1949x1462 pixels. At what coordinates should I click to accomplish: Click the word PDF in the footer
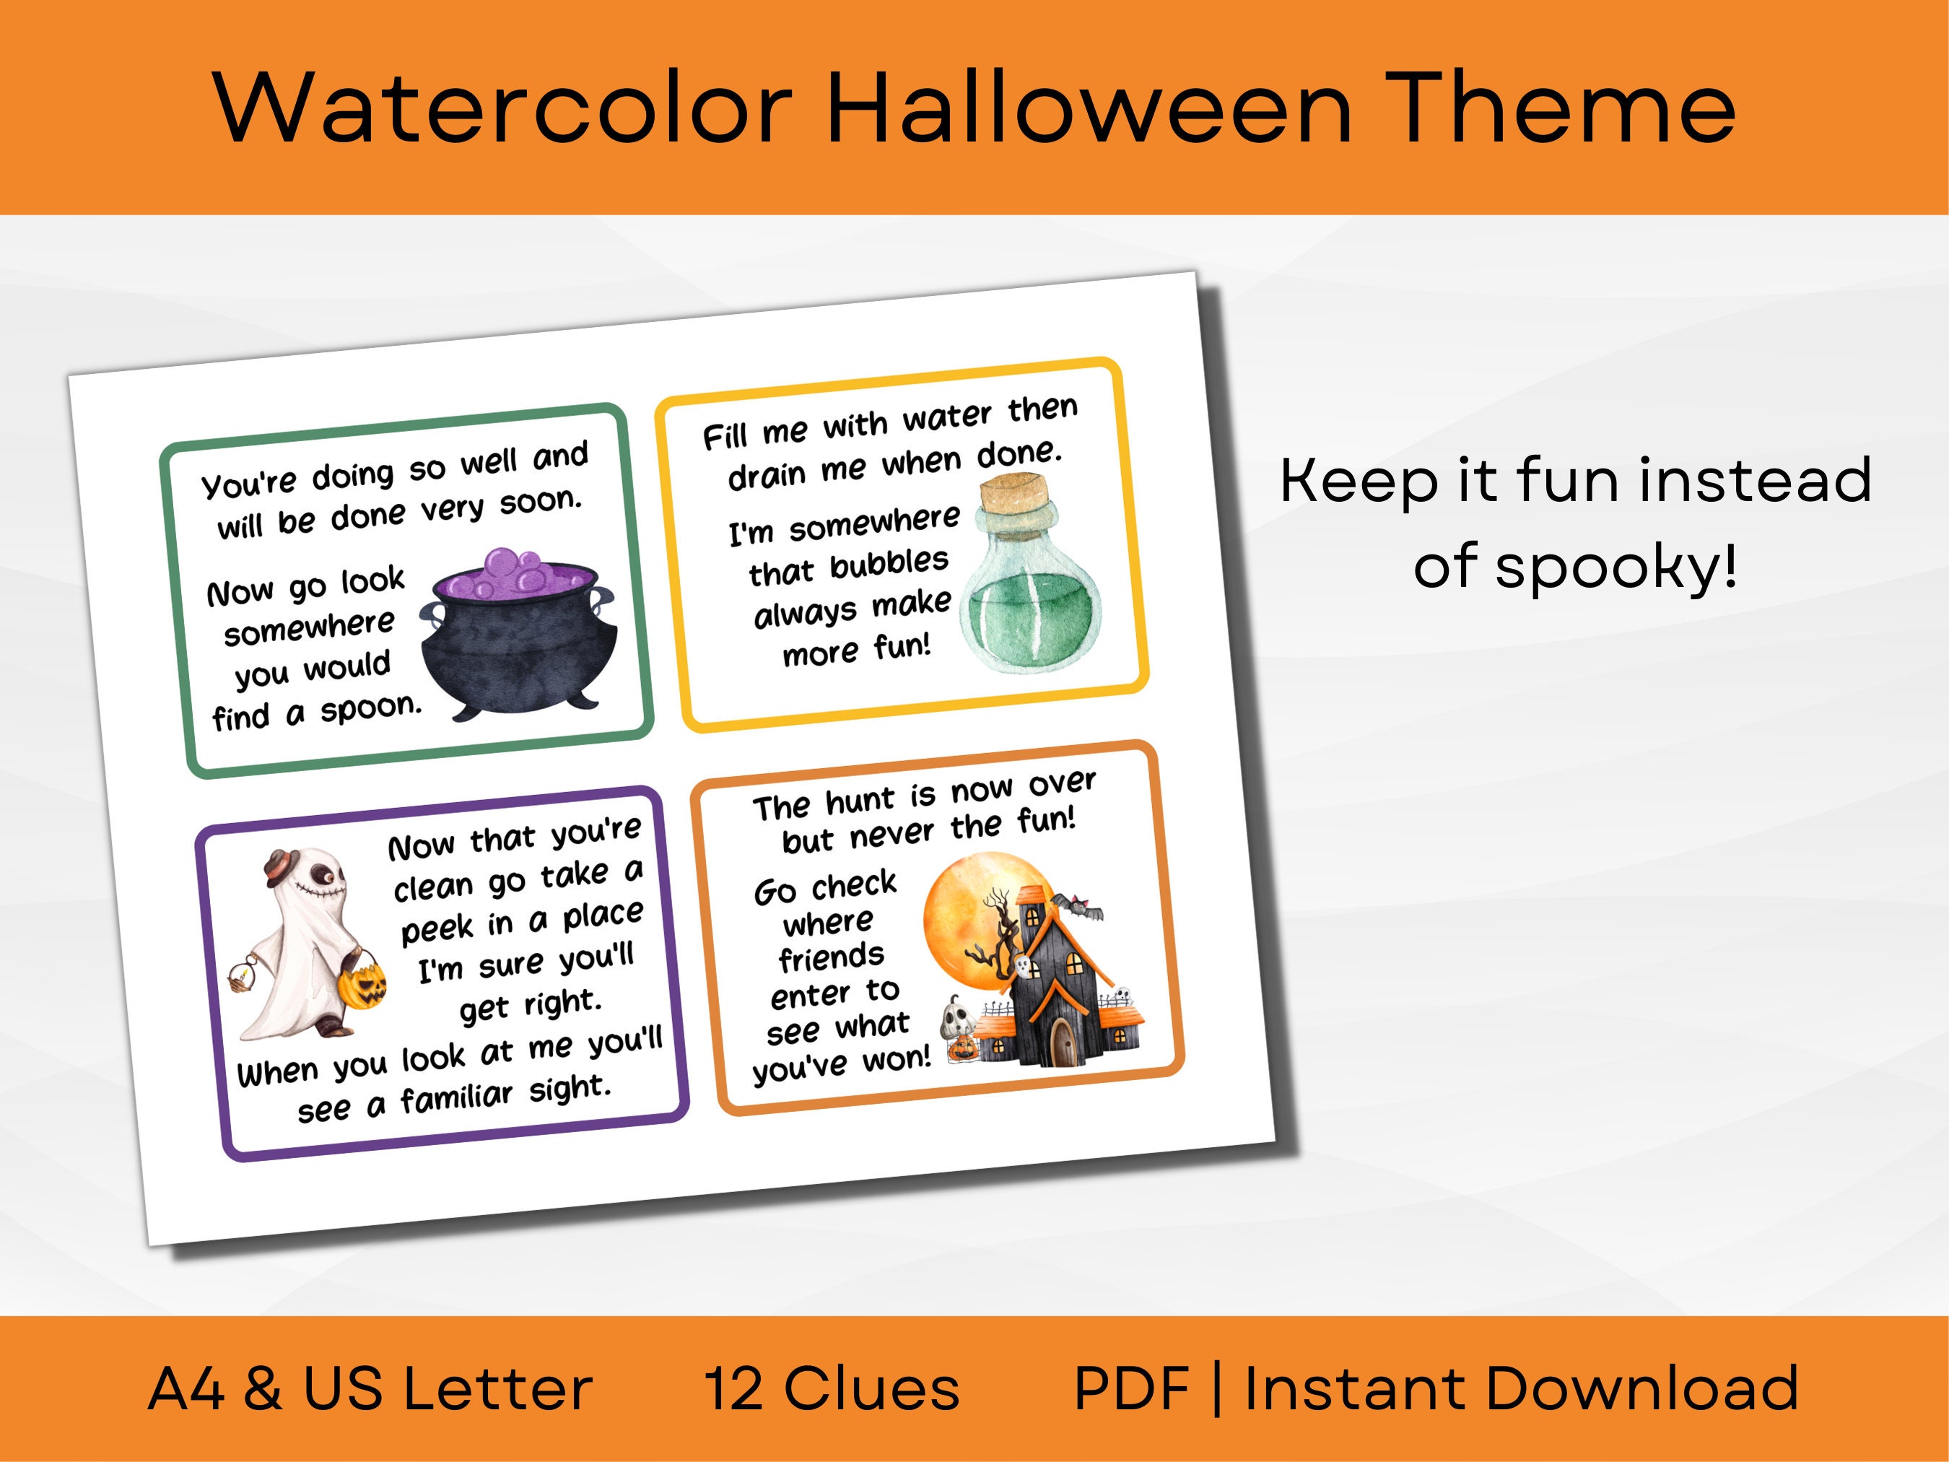(x=1131, y=1390)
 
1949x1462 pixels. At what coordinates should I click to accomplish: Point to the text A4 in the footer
(x=185, y=1390)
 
